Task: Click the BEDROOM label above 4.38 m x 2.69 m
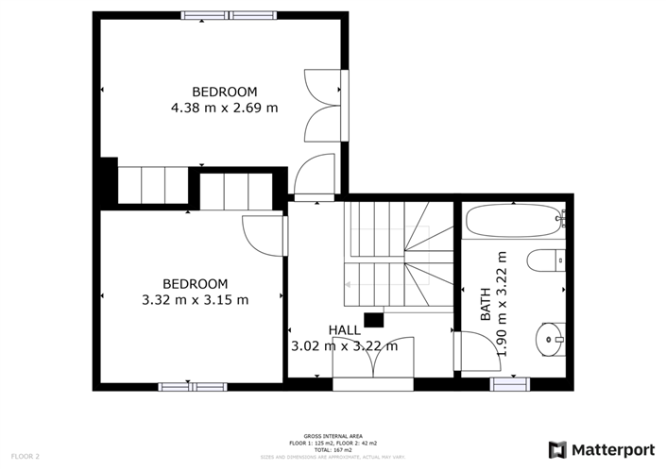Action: (224, 92)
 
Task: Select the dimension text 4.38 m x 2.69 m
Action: (224, 108)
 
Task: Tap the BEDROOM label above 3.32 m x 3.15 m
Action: (196, 284)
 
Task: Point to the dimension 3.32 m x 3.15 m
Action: (196, 300)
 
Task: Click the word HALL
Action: (344, 329)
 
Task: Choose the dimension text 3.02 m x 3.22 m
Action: (344, 345)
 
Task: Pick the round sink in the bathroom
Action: (549, 335)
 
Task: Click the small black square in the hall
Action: (373, 319)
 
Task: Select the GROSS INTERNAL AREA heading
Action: (332, 436)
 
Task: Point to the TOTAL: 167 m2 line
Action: (332, 449)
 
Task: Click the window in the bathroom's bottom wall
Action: (509, 383)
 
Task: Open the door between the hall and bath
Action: (456, 351)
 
